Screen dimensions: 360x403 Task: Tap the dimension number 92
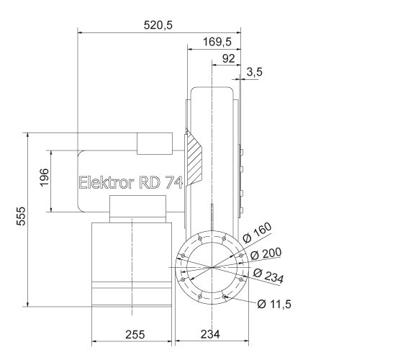click(x=229, y=58)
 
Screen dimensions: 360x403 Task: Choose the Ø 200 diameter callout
click(x=267, y=254)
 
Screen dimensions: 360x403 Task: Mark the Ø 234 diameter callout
click(x=269, y=274)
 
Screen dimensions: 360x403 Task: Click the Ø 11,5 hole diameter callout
click(x=273, y=304)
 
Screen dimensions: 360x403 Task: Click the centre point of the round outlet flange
click(x=212, y=268)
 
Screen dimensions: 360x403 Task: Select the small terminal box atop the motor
click(x=154, y=144)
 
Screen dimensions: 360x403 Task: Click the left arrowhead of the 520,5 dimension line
click(x=80, y=32)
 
